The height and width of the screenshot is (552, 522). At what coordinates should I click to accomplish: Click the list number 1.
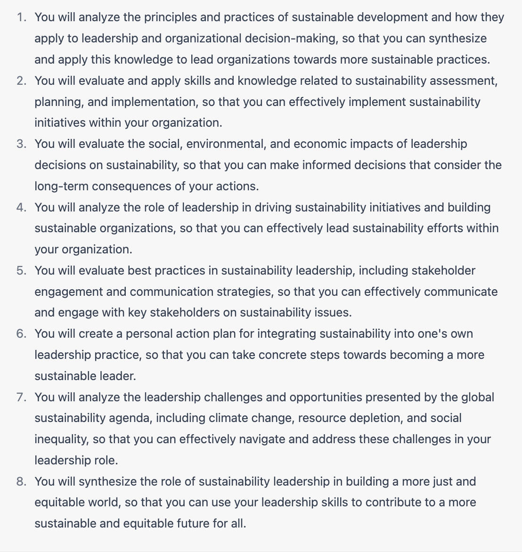[21, 17]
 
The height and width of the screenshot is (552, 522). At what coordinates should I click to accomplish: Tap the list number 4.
[21, 208]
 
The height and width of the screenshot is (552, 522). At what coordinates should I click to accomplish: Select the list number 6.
[21, 334]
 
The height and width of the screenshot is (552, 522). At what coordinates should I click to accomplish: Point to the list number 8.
[21, 482]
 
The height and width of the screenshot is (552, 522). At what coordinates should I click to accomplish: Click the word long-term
[61, 187]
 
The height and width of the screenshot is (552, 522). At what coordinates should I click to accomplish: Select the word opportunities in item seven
[326, 398]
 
